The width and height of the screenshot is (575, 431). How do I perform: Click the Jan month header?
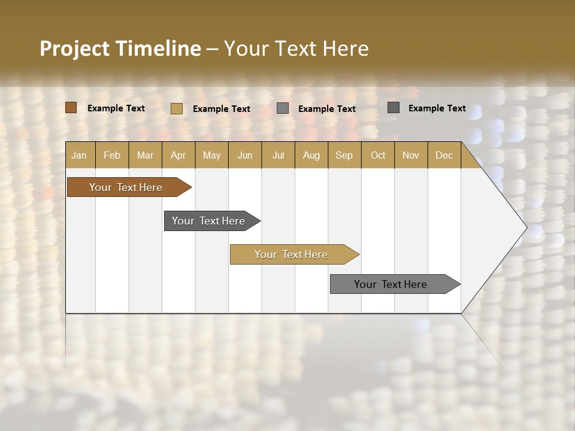pyautogui.click(x=79, y=156)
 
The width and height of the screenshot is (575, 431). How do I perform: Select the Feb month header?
pyautogui.click(x=112, y=156)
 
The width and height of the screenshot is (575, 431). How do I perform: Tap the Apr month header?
pyautogui.click(x=178, y=156)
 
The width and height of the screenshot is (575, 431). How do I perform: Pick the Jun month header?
pyautogui.click(x=245, y=156)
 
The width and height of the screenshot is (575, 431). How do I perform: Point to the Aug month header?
pyautogui.click(x=311, y=156)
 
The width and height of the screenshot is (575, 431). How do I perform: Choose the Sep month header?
pyautogui.click(x=344, y=156)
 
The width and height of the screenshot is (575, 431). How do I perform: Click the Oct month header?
pyautogui.click(x=378, y=156)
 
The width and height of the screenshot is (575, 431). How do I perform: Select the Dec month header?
pyautogui.click(x=444, y=156)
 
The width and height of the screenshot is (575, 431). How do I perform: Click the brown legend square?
pyautogui.click(x=71, y=108)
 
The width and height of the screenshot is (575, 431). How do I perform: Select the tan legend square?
pyautogui.click(x=176, y=108)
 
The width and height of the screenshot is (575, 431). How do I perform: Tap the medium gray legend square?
pyautogui.click(x=283, y=108)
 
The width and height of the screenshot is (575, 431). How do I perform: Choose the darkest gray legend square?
pyautogui.click(x=393, y=108)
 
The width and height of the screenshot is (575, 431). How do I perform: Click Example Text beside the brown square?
pyautogui.click(x=116, y=108)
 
